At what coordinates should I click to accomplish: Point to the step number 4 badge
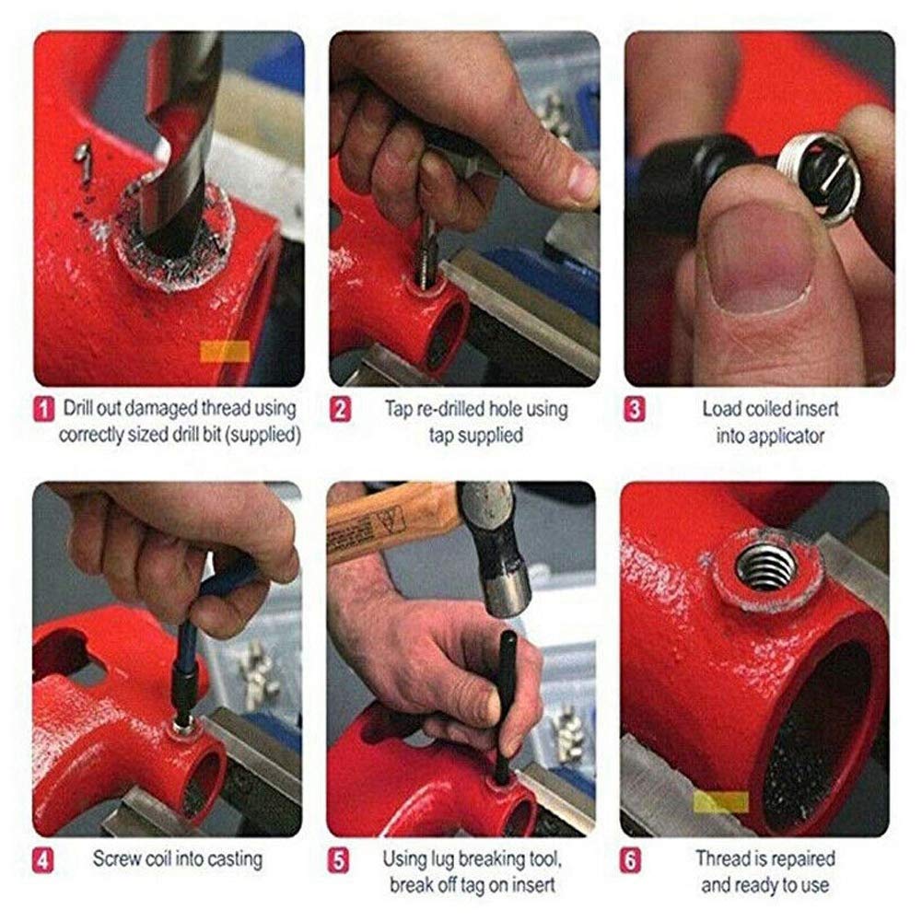42,860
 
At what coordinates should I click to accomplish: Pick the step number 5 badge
340,860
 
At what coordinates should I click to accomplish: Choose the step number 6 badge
636,860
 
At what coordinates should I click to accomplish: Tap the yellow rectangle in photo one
225,351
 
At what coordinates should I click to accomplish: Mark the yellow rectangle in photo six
720,801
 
